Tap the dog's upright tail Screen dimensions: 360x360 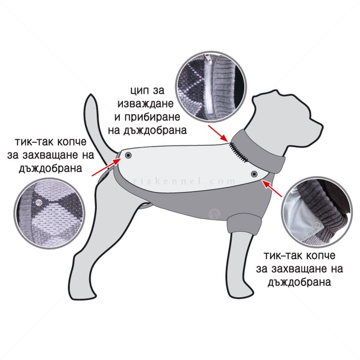click(x=93, y=120)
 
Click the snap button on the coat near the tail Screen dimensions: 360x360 click(x=128, y=156)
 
